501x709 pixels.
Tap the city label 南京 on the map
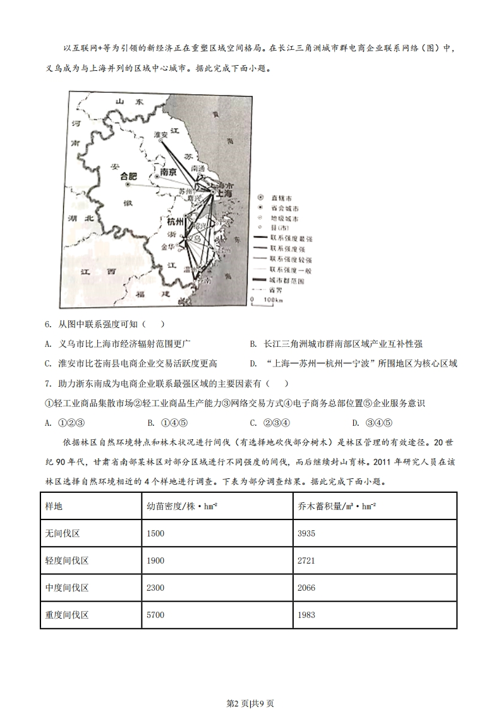point(167,172)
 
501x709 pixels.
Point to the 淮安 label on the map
point(161,135)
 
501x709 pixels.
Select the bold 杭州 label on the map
point(175,222)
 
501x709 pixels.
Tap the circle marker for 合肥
point(128,185)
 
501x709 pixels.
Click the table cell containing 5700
point(155,614)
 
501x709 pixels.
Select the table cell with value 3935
point(306,533)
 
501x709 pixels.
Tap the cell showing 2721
point(306,561)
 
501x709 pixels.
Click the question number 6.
point(48,324)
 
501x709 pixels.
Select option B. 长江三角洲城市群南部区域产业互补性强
point(335,344)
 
